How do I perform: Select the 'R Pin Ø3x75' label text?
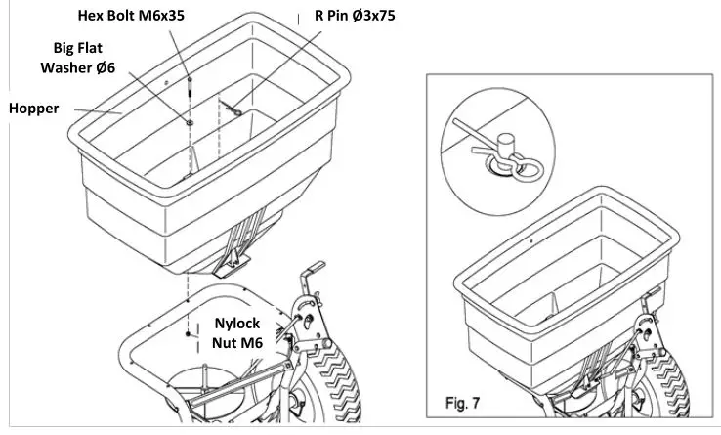coord(348,16)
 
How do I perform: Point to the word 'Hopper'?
coord(34,109)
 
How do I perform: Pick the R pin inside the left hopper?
coord(234,110)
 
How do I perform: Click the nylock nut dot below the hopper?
coord(188,332)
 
